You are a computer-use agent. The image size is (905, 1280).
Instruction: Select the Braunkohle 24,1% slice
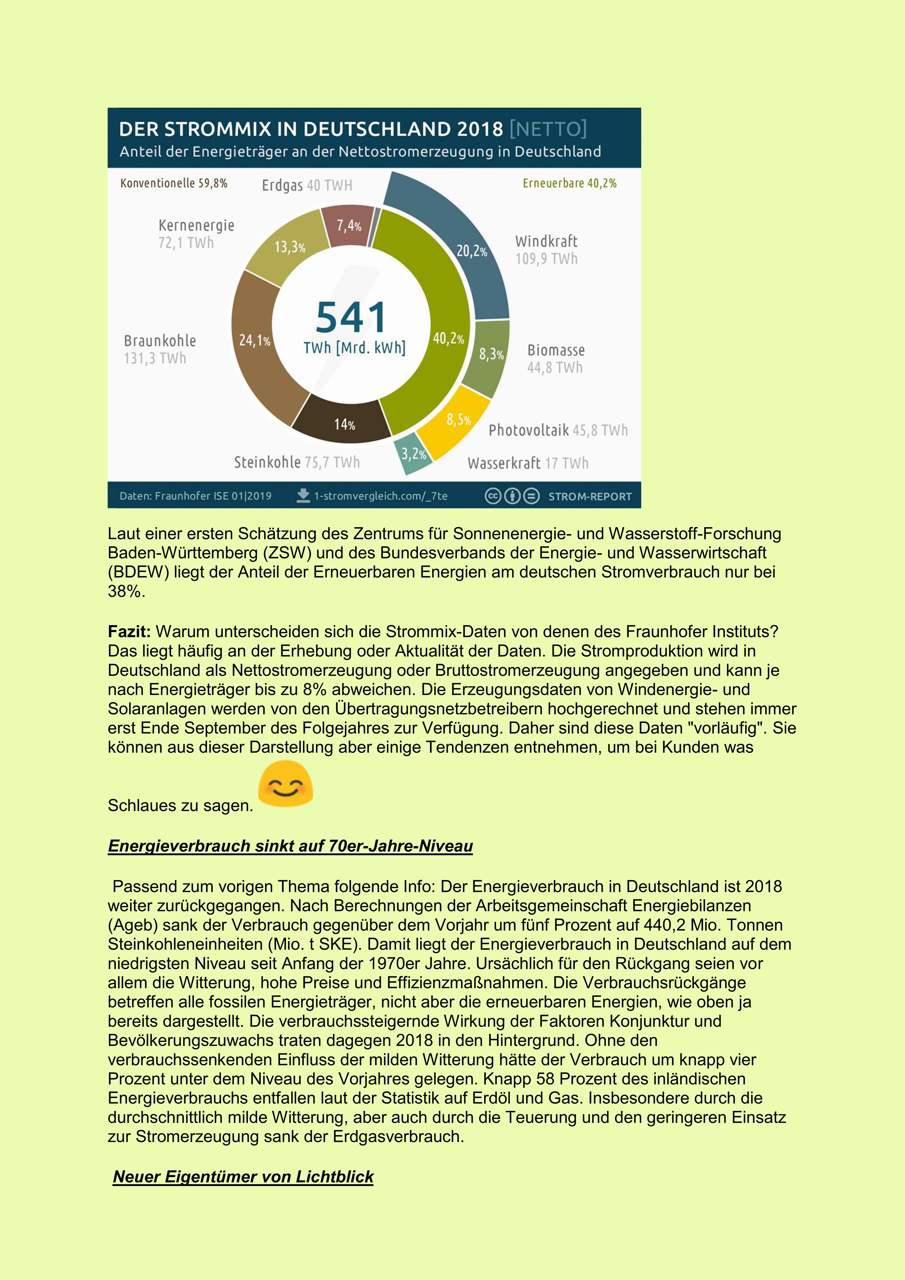coord(258,346)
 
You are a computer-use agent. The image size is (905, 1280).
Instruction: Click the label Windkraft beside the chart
coord(546,241)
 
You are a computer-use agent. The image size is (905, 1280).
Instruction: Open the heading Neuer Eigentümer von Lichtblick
coord(243,1177)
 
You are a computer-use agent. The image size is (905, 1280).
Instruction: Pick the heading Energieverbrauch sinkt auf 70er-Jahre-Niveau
coord(290,846)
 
